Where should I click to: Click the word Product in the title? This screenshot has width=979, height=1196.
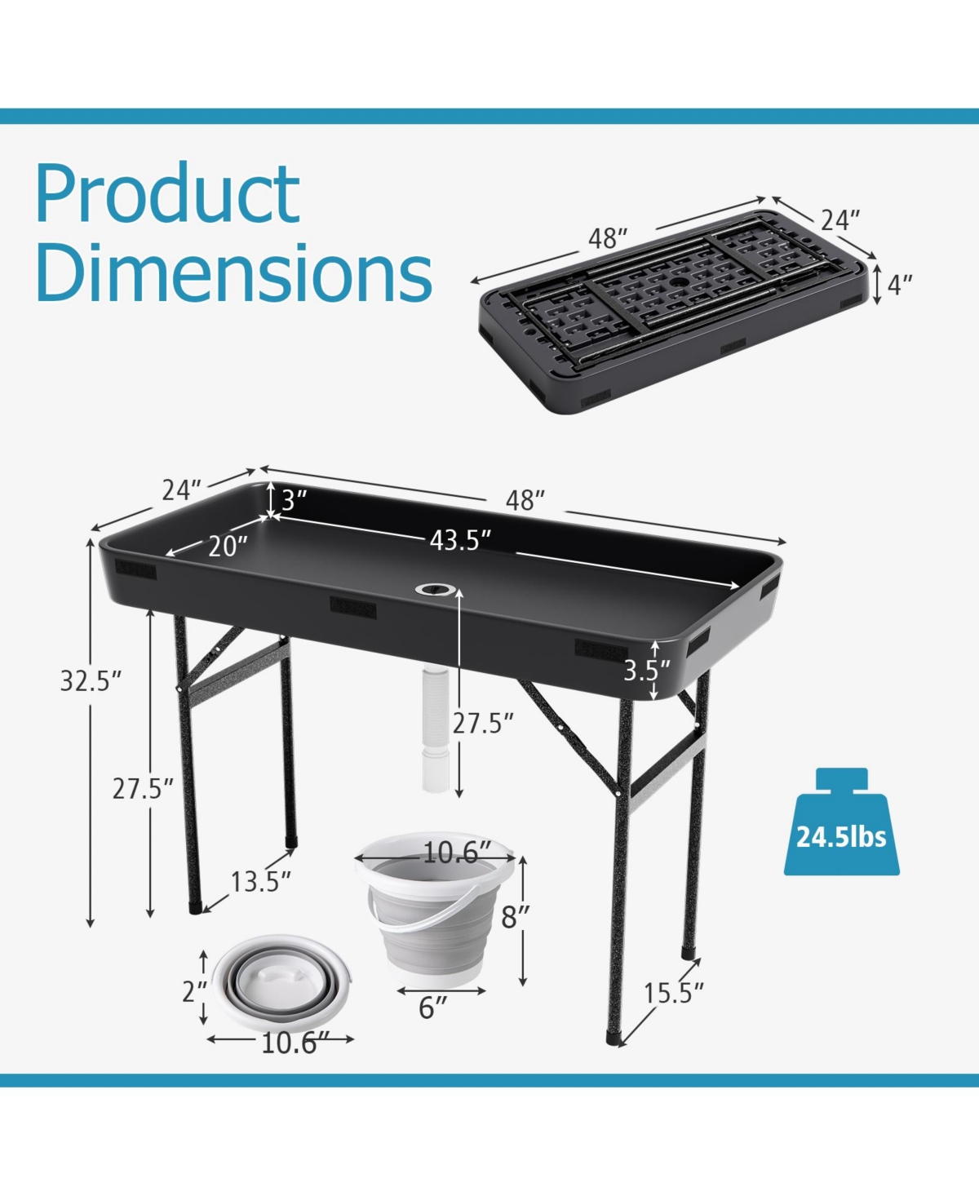[167, 193]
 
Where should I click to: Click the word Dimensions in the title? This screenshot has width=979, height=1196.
[233, 272]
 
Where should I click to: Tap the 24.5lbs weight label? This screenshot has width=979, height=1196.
[841, 837]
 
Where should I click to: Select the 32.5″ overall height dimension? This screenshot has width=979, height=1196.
[91, 680]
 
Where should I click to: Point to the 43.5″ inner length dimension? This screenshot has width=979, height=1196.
[459, 540]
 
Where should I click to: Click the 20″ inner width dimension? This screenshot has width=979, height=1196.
[228, 546]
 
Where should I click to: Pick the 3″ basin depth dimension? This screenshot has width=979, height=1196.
[294, 500]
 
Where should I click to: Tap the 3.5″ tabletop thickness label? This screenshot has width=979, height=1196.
[647, 671]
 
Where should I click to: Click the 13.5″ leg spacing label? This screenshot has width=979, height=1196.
[260, 882]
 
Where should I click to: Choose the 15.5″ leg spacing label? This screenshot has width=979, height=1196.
[673, 993]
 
